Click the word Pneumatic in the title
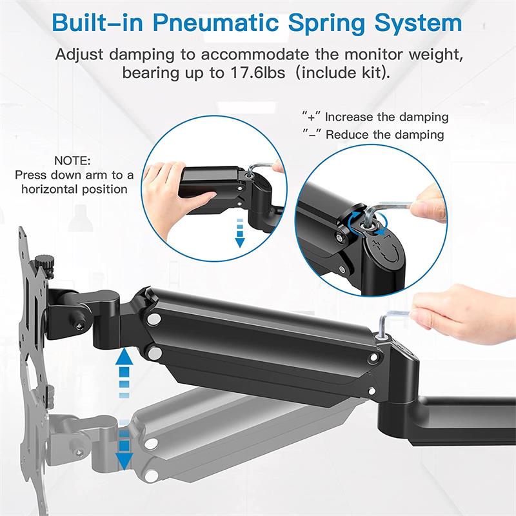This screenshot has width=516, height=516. [x=216, y=23]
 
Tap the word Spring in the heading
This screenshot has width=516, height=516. [x=327, y=24]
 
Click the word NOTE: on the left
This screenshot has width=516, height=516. [x=72, y=161]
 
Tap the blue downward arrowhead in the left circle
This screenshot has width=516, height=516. [x=240, y=243]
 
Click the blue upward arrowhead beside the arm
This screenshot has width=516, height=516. [x=124, y=357]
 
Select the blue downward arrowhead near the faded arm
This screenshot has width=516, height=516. [x=124, y=461]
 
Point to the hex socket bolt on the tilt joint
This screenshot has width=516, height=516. [x=79, y=326]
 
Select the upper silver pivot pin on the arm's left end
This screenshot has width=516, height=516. [x=154, y=319]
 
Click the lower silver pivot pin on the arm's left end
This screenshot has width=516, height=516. [x=154, y=353]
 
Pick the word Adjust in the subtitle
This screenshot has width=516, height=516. [x=79, y=55]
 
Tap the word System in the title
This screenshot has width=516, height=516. [x=419, y=24]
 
